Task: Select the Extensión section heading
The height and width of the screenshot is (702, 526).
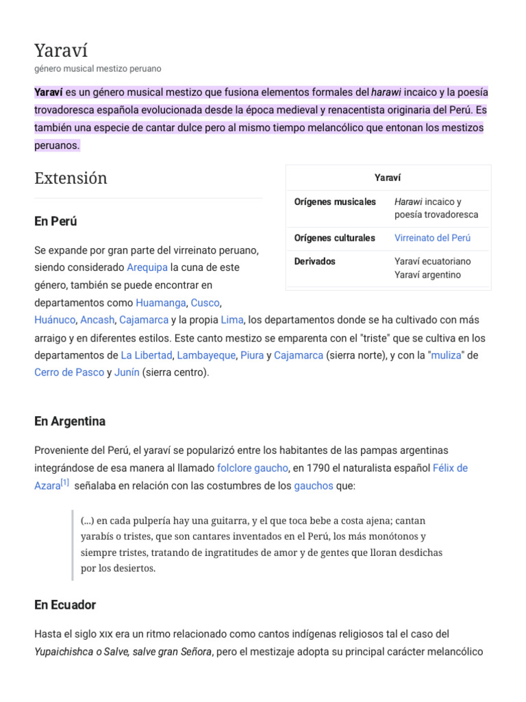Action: (71, 178)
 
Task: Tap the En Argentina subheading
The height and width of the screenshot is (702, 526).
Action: (70, 421)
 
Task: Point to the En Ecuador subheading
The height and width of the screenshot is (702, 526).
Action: (65, 605)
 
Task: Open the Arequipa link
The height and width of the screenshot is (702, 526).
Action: (147, 267)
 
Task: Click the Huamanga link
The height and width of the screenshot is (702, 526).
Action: (160, 302)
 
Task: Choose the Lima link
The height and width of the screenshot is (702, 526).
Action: (231, 319)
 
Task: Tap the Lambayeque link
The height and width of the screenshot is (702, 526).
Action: (206, 355)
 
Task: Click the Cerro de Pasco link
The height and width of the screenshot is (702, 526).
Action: (68, 372)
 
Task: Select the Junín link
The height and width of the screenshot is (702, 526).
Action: (127, 372)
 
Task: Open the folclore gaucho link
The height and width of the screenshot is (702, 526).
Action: (252, 468)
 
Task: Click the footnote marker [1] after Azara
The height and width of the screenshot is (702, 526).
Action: (64, 483)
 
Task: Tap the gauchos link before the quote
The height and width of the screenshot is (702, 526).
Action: (313, 485)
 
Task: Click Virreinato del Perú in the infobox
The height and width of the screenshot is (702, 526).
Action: (432, 238)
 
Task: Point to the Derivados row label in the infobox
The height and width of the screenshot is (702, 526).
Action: (315, 261)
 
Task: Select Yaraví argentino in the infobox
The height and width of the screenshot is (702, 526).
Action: (427, 275)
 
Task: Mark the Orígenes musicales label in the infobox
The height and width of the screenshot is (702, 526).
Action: (335, 202)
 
